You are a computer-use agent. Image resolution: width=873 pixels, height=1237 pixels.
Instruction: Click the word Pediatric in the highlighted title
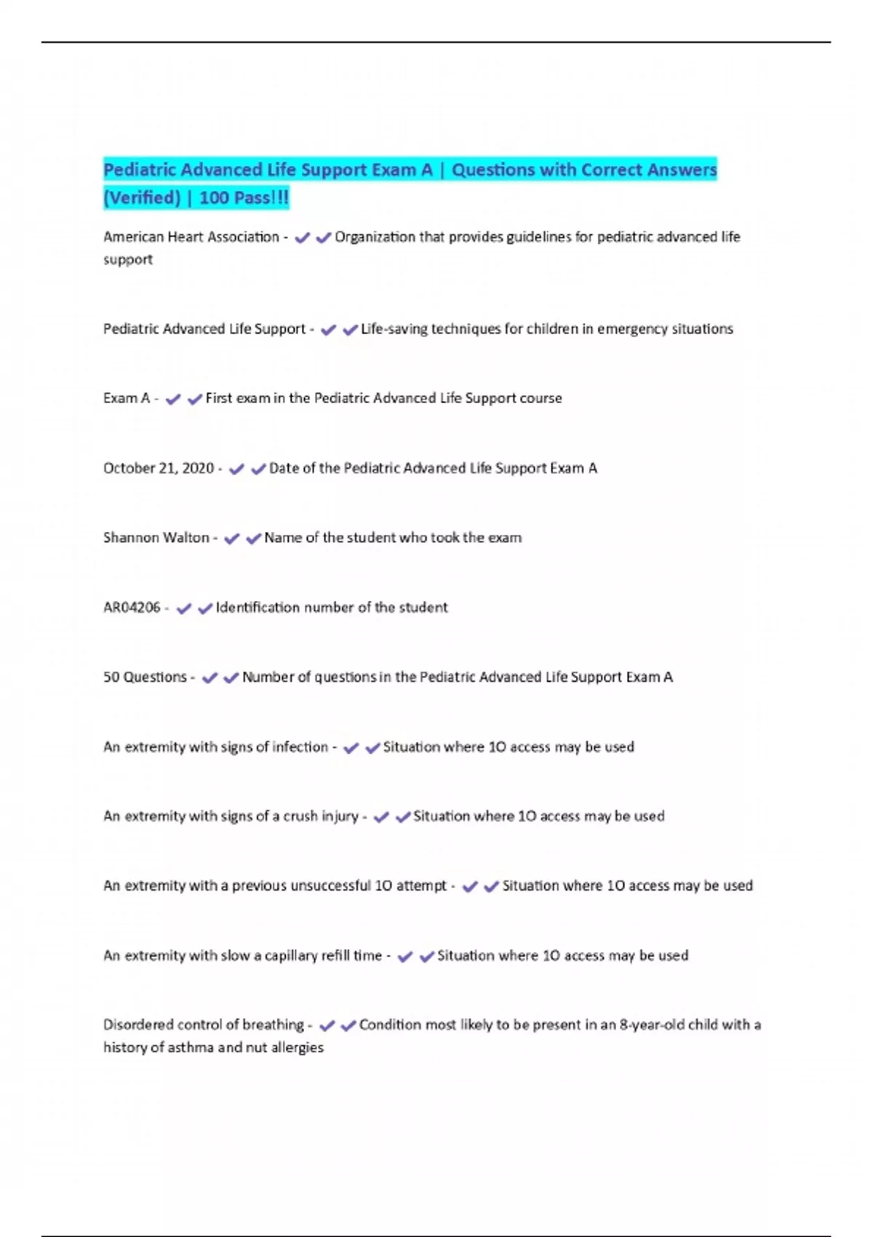pyautogui.click(x=140, y=170)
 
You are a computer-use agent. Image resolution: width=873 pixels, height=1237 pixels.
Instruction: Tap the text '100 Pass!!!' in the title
pyautogui.click(x=244, y=198)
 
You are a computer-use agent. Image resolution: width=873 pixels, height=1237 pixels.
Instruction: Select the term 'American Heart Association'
pyautogui.click(x=191, y=237)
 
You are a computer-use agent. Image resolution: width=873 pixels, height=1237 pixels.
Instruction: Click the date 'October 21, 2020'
pyautogui.click(x=159, y=469)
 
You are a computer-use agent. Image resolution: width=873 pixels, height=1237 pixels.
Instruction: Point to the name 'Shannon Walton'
pyautogui.click(x=156, y=538)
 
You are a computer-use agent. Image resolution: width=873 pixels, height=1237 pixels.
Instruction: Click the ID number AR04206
pyautogui.click(x=132, y=608)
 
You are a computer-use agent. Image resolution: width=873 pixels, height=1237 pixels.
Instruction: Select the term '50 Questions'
pyautogui.click(x=145, y=677)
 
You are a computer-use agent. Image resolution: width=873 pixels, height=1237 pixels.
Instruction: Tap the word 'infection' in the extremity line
pyautogui.click(x=300, y=747)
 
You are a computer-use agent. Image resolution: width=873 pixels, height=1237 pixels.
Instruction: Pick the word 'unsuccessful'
pyautogui.click(x=330, y=886)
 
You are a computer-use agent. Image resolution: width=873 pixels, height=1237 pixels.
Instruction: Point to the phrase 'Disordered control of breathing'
pyautogui.click(x=204, y=1025)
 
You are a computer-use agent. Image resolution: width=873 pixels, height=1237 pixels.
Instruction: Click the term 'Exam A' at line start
pyautogui.click(x=127, y=399)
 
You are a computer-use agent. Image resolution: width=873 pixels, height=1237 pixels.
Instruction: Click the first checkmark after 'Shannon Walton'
pyautogui.click(x=232, y=539)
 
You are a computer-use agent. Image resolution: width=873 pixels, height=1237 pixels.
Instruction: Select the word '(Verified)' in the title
pyautogui.click(x=142, y=198)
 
